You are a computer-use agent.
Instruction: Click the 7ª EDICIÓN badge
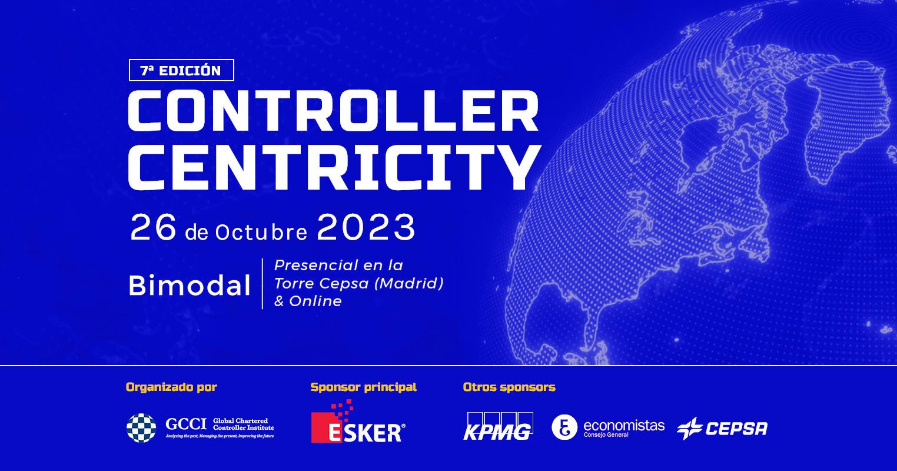pyautogui.click(x=181, y=70)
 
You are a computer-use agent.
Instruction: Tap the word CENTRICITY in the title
pyautogui.click(x=334, y=167)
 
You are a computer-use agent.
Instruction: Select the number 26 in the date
pyautogui.click(x=153, y=228)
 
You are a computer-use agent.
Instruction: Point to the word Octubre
pyautogui.click(x=261, y=232)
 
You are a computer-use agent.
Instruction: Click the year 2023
pyautogui.click(x=366, y=227)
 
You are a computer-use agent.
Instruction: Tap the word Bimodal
pyautogui.click(x=190, y=285)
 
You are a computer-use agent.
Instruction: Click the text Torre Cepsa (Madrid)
pyautogui.click(x=359, y=284)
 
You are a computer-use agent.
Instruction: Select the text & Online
pyautogui.click(x=308, y=301)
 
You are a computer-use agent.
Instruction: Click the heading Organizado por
pyautogui.click(x=171, y=387)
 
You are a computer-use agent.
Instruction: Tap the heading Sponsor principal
pyautogui.click(x=364, y=387)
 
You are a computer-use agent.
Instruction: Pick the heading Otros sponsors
pyautogui.click(x=509, y=387)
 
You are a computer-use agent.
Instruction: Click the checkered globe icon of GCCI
pyautogui.click(x=141, y=428)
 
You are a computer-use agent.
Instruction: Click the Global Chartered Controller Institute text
pyautogui.click(x=243, y=424)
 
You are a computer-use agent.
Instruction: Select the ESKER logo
pyautogui.click(x=358, y=422)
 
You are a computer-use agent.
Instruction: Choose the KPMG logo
pyautogui.click(x=498, y=426)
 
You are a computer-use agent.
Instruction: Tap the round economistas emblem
pyautogui.click(x=564, y=427)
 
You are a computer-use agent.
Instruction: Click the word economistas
pyautogui.click(x=624, y=425)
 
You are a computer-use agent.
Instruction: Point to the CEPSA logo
pyautogui.click(x=722, y=429)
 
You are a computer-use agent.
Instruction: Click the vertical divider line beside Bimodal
pyautogui.click(x=263, y=284)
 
